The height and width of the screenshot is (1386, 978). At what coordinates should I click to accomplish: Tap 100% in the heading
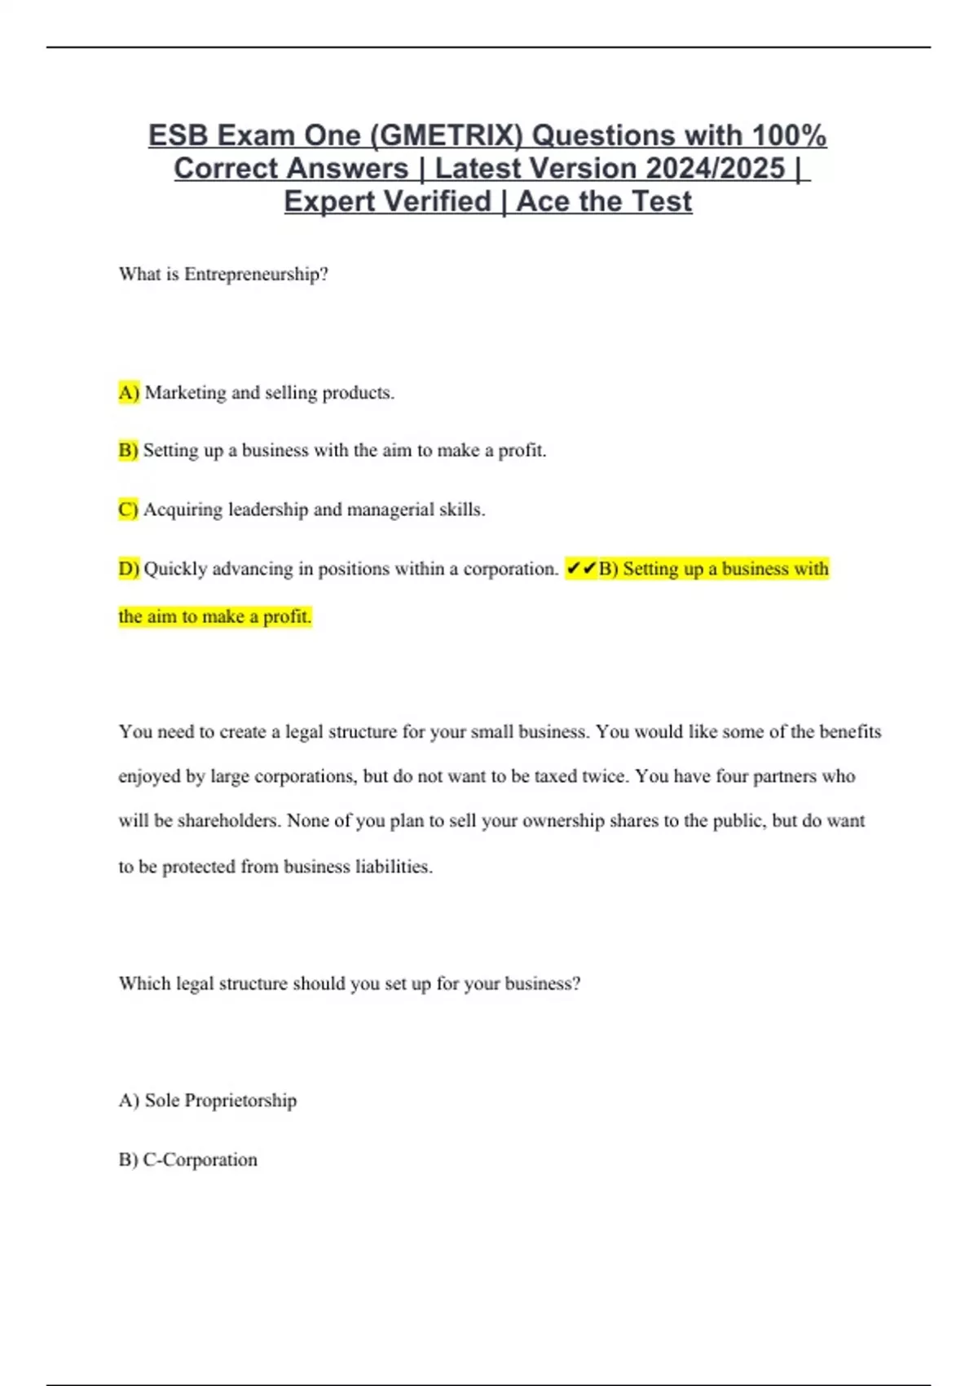coord(789,135)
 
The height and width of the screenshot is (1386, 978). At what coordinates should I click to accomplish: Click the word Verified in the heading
coord(438,201)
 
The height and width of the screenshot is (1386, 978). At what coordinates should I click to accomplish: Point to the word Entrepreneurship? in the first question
coord(256,274)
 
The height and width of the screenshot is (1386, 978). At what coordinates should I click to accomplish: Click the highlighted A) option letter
coord(129,392)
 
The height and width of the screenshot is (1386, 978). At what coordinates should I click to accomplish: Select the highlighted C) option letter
coord(128,510)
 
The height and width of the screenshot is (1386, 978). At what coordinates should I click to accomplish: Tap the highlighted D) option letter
coord(129,568)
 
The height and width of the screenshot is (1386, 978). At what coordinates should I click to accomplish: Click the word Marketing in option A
coord(186,392)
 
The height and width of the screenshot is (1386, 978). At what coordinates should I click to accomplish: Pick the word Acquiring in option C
coord(183,510)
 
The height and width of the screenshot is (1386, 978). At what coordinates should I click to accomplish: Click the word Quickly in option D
coord(175,568)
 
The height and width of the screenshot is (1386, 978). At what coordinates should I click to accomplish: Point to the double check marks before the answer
coord(581,568)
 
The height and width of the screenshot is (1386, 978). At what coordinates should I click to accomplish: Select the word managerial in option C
coord(390,510)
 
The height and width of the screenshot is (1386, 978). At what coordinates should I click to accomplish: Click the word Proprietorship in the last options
coord(240,1101)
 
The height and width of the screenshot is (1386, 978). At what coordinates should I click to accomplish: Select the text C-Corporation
coord(200,1159)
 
